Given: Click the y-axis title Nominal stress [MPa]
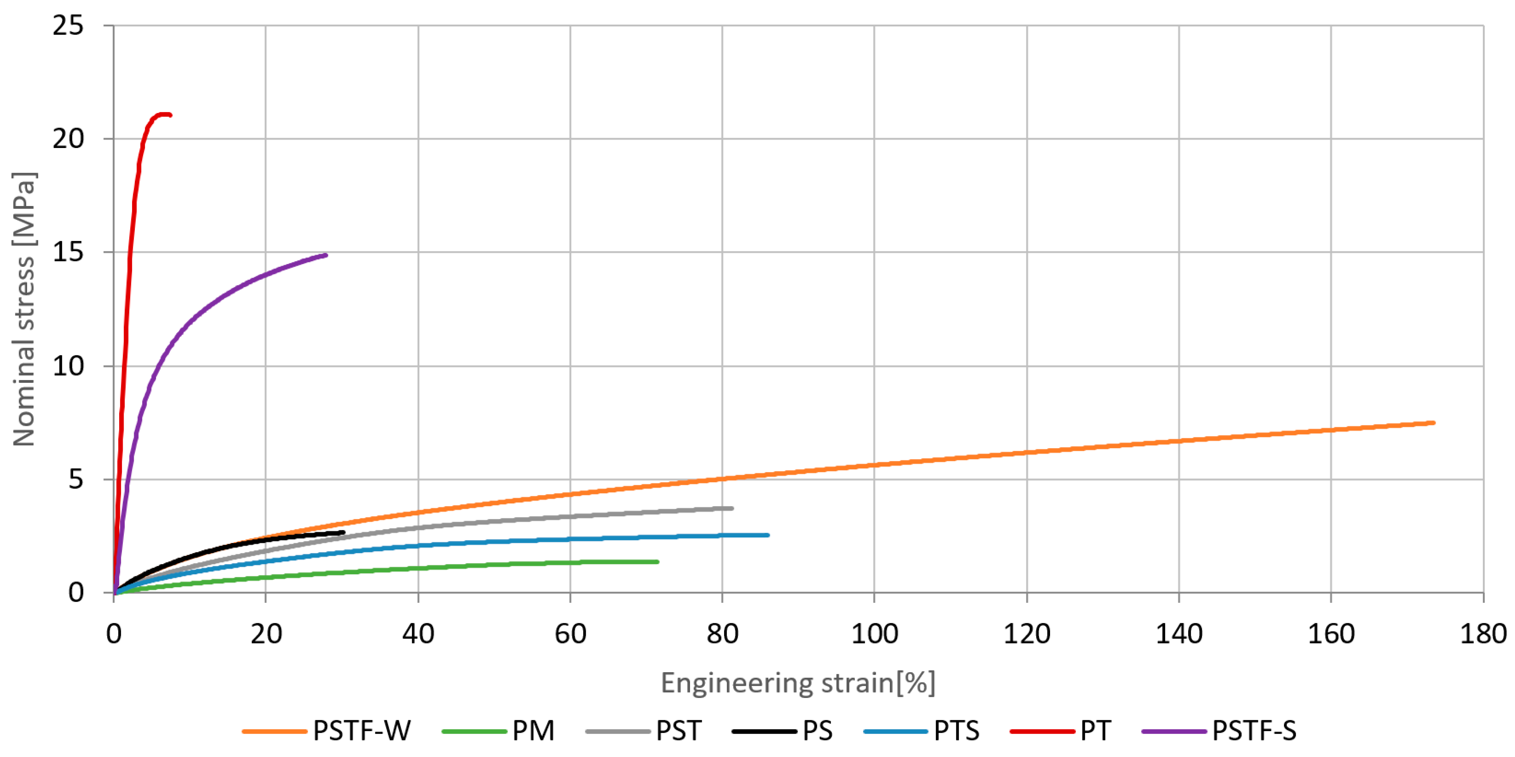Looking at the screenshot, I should coord(24,309).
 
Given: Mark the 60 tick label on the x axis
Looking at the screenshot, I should coord(570,634).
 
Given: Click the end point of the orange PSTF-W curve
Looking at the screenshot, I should coord(1433,423).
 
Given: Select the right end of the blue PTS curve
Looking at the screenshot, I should coord(768,535).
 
